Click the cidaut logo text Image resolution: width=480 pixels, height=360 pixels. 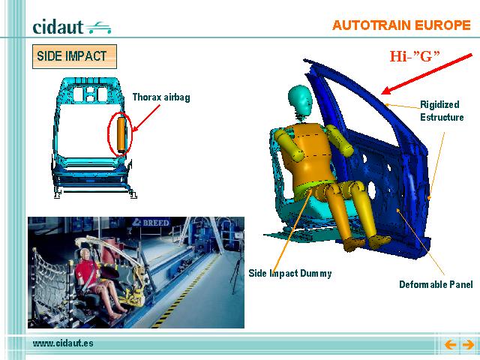pos(58,27)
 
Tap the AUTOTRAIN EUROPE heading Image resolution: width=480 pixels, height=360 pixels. pos(401,25)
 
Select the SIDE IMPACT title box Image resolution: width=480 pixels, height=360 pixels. pos(74,56)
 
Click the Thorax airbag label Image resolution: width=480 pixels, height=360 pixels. pos(161,97)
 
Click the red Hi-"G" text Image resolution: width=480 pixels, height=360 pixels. pos(415,56)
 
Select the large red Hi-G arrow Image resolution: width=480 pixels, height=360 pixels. pos(427,74)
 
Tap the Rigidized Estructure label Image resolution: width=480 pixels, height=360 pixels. pos(442,111)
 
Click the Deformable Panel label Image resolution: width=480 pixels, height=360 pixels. pos(436,284)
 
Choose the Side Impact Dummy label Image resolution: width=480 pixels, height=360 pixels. pos(290,273)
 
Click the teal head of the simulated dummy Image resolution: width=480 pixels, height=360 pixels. pos(300,100)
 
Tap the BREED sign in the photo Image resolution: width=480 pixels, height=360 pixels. pos(151,223)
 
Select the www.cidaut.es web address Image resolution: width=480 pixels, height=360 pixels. pos(63,343)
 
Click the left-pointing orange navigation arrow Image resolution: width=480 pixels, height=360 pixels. pos(450,345)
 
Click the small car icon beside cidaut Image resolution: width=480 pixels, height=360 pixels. pos(98,28)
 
